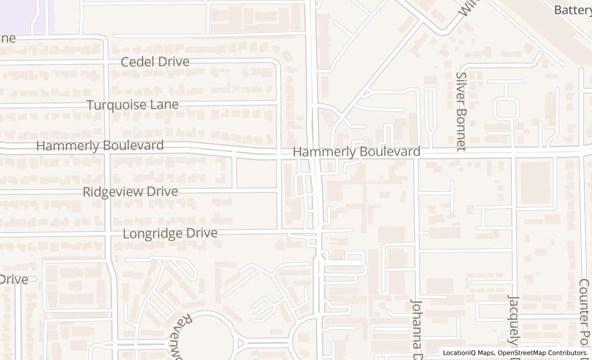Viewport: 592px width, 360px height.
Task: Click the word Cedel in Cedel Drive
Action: [x=137, y=62]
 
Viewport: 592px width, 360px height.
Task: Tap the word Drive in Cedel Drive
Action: [x=173, y=62]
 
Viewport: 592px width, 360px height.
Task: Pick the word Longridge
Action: [x=153, y=233]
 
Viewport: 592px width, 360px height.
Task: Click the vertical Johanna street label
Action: [x=416, y=329]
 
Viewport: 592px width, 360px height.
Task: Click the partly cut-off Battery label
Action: [x=573, y=10]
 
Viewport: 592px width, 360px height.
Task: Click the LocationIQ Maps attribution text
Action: [x=469, y=353]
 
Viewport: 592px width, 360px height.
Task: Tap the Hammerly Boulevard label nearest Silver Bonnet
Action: [x=356, y=152]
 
